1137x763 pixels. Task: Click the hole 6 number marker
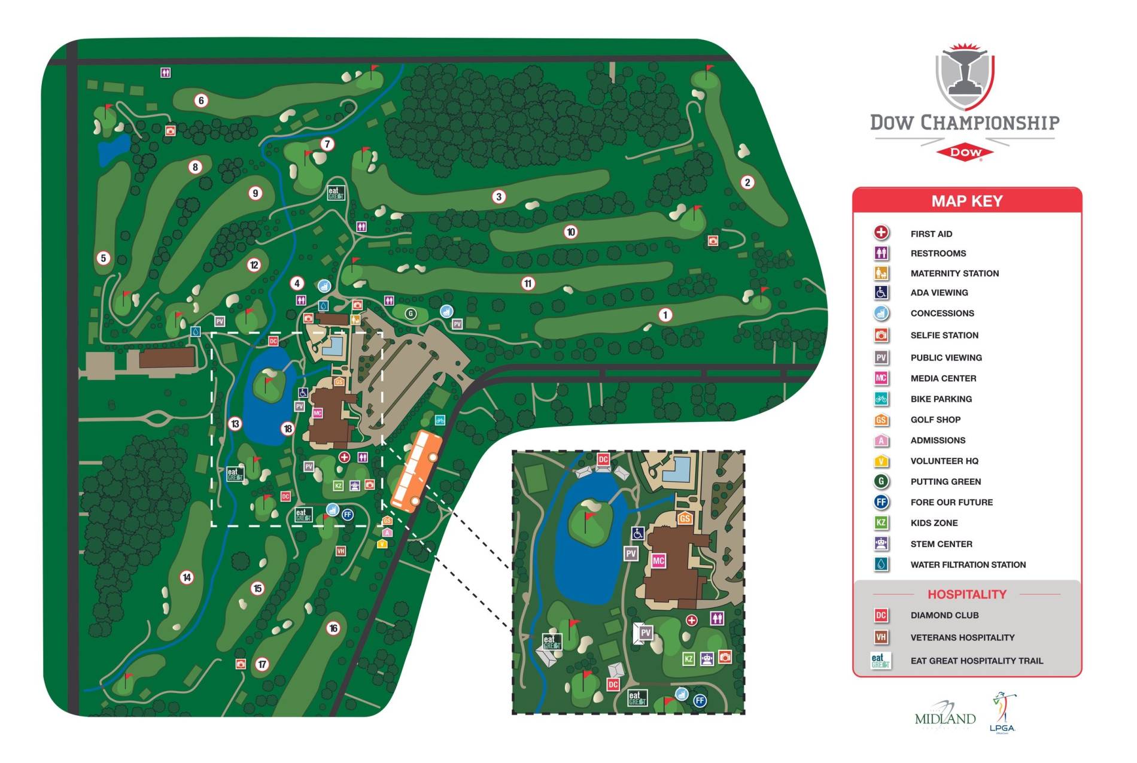tap(201, 101)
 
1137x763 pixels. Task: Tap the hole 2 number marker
tap(747, 183)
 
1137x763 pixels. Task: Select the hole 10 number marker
tap(570, 232)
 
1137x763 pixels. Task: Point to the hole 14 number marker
tap(187, 577)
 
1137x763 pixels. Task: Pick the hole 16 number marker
tap(333, 628)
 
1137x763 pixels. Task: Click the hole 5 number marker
tap(103, 258)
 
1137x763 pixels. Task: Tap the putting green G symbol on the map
tap(411, 313)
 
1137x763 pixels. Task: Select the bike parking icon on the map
tap(440, 420)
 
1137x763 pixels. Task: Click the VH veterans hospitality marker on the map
tap(341, 551)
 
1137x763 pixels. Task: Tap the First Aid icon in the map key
tap(881, 233)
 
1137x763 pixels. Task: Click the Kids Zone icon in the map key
tap(881, 522)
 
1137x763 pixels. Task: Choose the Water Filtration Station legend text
tap(968, 564)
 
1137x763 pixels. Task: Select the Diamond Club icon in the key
tap(881, 615)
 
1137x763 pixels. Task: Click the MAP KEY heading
tap(966, 201)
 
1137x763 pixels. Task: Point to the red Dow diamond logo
tap(965, 152)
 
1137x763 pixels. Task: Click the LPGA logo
tap(1003, 712)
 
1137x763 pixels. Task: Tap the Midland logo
tap(945, 716)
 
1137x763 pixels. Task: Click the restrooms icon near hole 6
tap(166, 72)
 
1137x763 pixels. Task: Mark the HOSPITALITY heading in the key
tap(966, 594)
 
